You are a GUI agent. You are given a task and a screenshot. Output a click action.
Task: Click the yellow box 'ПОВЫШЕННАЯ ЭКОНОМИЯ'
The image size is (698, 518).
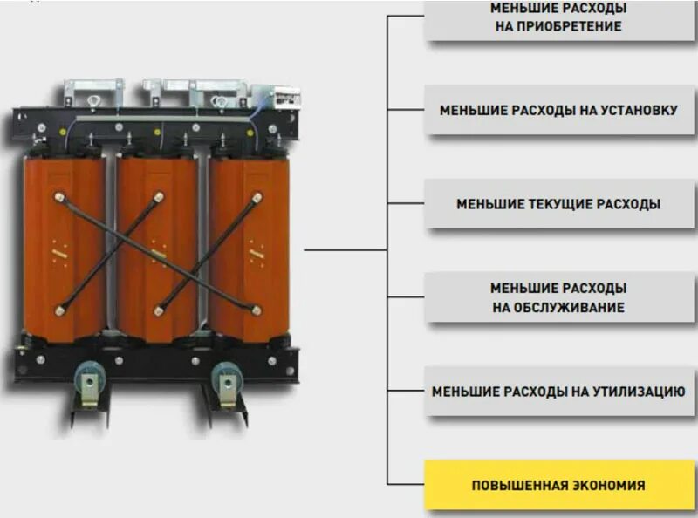click(558, 485)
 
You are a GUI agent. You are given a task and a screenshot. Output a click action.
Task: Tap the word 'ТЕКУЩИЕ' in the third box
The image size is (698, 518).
click(563, 204)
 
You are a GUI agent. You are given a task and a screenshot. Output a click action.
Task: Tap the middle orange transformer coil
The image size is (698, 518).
click(157, 249)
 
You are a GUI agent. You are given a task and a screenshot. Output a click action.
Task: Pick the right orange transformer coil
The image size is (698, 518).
click(250, 249)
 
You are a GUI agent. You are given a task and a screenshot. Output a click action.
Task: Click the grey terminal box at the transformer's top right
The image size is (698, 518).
click(281, 97)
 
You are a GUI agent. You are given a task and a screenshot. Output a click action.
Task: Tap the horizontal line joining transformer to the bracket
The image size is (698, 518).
click(345, 250)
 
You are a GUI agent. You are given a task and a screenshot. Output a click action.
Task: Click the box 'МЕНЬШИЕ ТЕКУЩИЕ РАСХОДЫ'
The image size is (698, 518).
click(558, 204)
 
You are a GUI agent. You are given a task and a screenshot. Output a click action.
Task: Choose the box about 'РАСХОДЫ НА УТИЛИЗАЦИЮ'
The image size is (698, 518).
click(558, 392)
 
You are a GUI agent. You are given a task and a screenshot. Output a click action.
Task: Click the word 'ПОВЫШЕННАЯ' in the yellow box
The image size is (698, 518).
click(515, 486)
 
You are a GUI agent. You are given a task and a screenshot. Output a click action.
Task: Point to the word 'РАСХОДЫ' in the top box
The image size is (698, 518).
click(594, 8)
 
